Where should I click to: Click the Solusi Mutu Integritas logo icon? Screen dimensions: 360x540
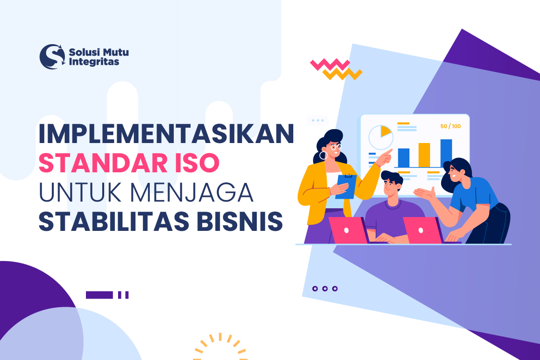click(52, 57)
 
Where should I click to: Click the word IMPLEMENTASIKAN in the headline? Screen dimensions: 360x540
click(166, 135)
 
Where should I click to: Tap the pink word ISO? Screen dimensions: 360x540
click(194, 164)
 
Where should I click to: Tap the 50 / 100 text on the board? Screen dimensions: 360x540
click(450, 127)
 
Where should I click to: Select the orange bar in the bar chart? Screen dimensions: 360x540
click(424, 155)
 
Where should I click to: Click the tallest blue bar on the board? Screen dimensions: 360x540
click(446, 153)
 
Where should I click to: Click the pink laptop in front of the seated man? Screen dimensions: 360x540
click(348, 230)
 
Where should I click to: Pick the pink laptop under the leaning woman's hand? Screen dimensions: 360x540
click(423, 230)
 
